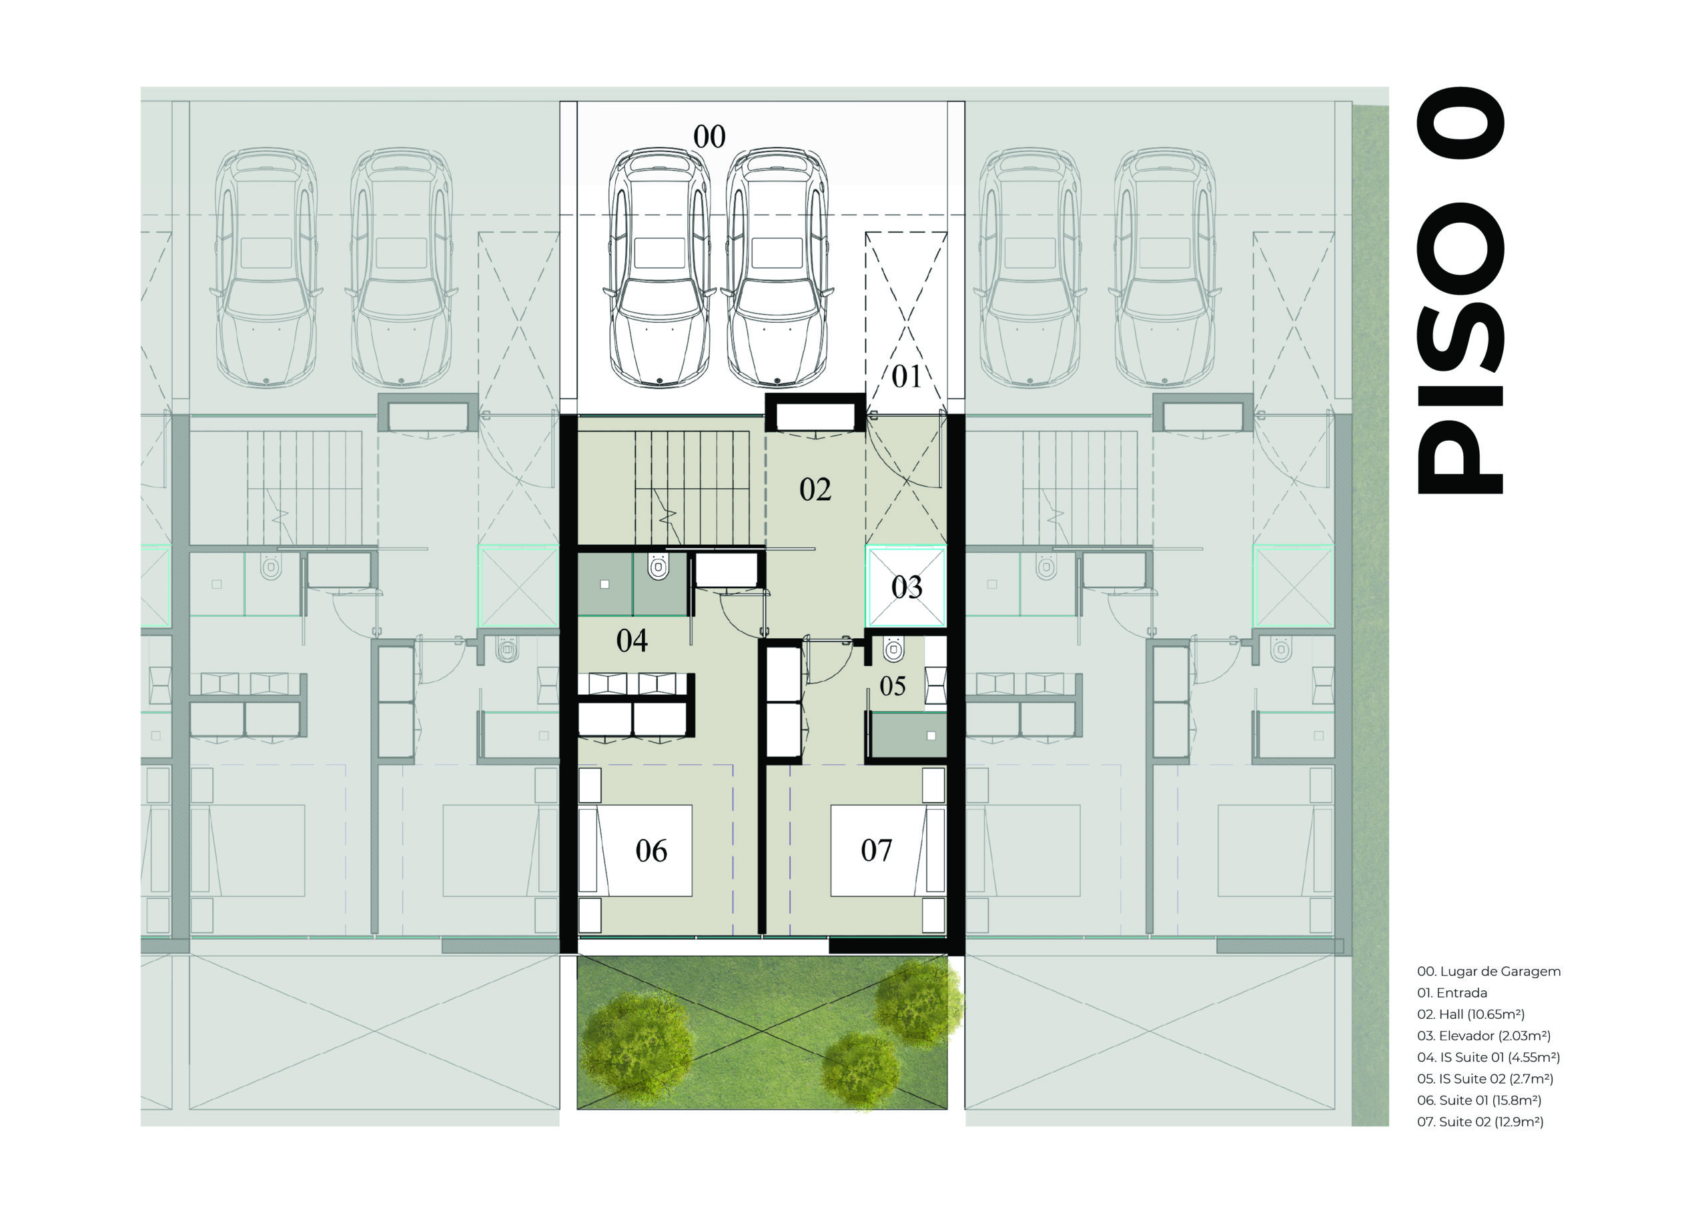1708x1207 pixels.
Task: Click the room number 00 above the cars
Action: [709, 137]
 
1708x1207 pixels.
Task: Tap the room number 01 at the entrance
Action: [906, 377]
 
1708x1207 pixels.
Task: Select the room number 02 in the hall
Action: [815, 489]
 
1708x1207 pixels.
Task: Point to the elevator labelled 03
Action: [906, 587]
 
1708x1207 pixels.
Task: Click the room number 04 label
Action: [632, 640]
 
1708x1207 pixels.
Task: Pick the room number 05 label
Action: [893, 686]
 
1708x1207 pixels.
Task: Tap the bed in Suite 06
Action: [635, 850]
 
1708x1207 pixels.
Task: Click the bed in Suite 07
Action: [888, 850]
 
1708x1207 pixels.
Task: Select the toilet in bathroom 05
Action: [893, 650]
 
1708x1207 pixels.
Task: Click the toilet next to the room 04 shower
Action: [659, 567]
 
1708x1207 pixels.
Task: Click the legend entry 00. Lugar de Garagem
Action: [1488, 971]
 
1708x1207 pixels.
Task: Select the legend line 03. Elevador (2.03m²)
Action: [1483, 1035]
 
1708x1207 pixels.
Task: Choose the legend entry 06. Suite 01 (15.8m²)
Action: [1479, 1100]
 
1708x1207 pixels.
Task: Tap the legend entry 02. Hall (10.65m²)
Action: [1470, 1014]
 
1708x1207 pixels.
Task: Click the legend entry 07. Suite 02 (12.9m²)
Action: [1480, 1122]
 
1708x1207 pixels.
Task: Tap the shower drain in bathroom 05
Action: [931, 736]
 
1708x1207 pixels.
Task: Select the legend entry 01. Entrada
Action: [1451, 993]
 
